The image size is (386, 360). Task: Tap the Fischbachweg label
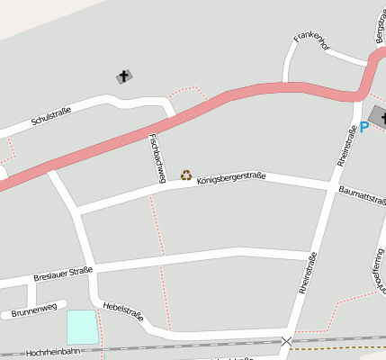tap(156, 158)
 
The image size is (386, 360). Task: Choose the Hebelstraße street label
tap(123, 310)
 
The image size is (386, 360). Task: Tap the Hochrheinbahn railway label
tap(54, 353)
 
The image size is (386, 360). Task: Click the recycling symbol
tap(186, 175)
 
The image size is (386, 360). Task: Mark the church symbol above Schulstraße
tap(123, 76)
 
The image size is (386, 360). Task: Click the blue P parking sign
tap(364, 127)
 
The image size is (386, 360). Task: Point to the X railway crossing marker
tap(286, 342)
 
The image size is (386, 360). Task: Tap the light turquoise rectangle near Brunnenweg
tap(81, 326)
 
